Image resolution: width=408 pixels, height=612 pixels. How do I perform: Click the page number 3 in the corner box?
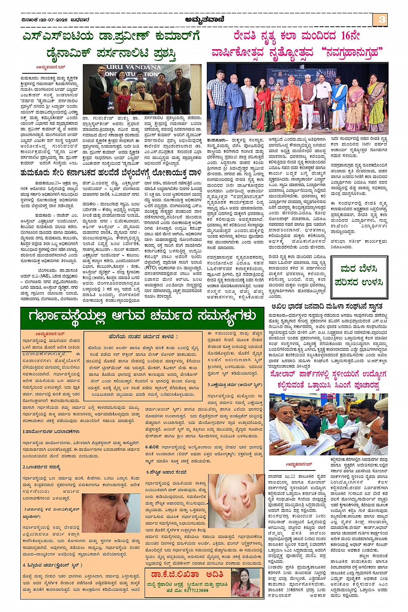[x=382, y=19]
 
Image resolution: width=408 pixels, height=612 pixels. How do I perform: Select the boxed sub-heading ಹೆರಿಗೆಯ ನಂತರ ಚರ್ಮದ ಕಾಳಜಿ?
[x=143, y=336]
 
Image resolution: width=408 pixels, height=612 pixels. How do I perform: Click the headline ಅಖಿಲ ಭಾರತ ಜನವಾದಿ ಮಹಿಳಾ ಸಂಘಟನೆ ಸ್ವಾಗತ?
[x=327, y=306]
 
